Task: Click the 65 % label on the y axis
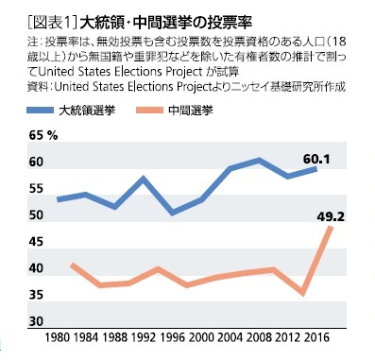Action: [x=43, y=136]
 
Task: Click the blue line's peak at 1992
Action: [x=143, y=179]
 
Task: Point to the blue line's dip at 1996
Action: [x=171, y=214]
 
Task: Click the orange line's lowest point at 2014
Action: [x=301, y=294]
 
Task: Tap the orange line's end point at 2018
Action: [x=330, y=230]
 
